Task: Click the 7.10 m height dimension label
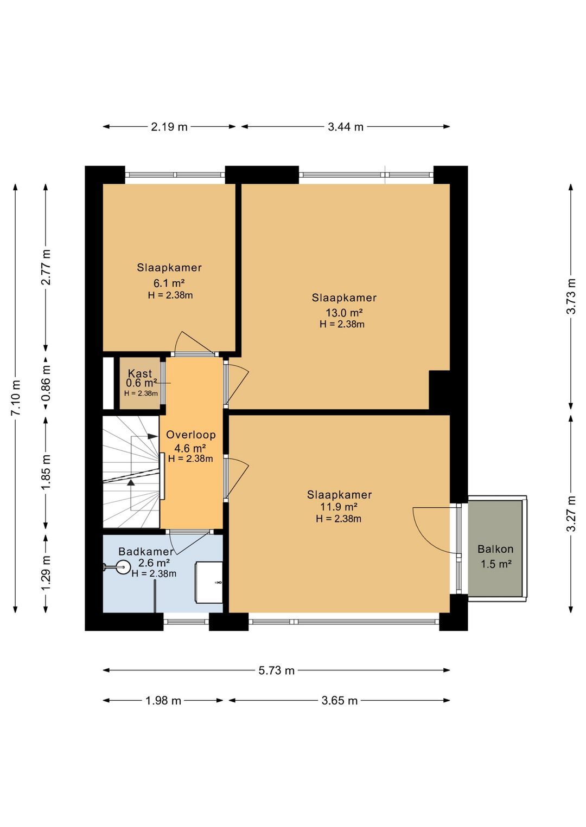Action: pos(16,397)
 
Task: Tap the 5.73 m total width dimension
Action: pos(276,670)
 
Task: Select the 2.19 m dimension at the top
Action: pos(169,127)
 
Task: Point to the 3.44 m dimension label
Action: pos(346,127)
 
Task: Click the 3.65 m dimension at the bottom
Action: pos(340,701)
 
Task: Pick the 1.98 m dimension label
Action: pos(163,701)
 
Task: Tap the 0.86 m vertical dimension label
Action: pos(46,383)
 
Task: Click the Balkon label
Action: pos(495,549)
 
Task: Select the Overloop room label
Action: pos(191,435)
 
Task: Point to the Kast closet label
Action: pos(140,373)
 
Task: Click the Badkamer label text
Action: pos(146,552)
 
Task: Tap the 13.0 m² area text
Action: pos(344,313)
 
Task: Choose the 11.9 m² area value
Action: pos(339,507)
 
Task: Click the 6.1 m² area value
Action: pos(169,283)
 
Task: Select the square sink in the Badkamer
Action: pos(209,582)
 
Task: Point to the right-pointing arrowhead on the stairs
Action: pos(152,436)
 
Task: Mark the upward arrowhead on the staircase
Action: pos(131,482)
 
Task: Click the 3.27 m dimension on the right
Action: pos(571,513)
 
